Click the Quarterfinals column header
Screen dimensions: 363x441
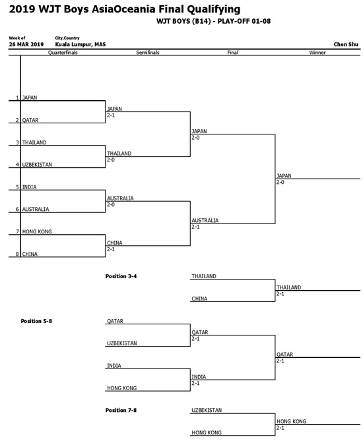[63, 53]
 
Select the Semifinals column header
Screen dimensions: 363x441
[148, 53]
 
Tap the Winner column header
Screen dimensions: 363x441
[317, 53]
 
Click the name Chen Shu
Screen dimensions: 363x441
[346, 44]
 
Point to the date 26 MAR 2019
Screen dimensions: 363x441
[26, 44]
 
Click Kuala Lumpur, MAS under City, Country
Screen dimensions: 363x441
[81, 44]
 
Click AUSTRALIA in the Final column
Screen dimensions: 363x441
[205, 220]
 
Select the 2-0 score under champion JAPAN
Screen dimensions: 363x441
[280, 182]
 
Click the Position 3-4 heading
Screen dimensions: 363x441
[121, 276]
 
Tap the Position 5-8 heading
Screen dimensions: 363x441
[36, 321]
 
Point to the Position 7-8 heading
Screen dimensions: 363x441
[121, 410]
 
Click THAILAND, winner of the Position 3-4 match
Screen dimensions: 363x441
[288, 287]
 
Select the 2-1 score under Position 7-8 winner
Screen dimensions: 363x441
[280, 428]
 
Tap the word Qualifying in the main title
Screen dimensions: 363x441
[214, 10]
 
